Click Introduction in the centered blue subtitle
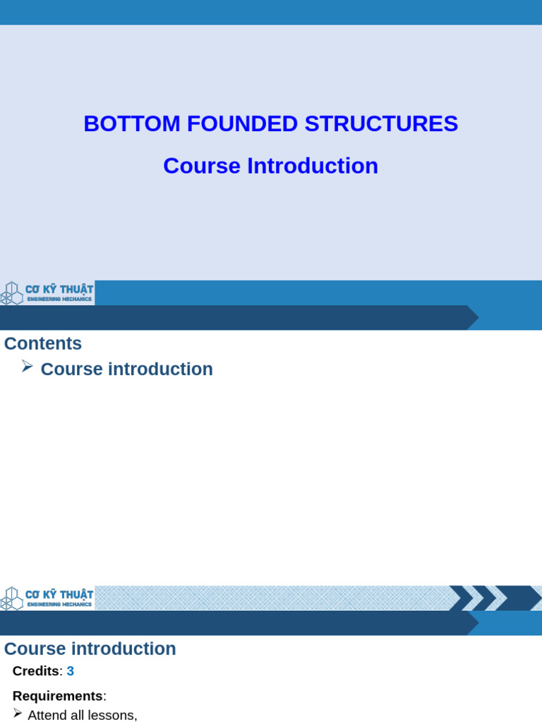313,166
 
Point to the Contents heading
43,343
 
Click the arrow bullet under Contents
28,366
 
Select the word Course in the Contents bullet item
71,369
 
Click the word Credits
36,671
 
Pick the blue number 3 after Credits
71,671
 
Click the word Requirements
58,696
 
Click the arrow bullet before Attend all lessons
18,713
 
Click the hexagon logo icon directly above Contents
11,293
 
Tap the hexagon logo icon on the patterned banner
11,598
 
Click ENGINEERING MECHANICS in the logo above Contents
59,299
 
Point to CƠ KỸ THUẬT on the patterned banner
59,594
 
